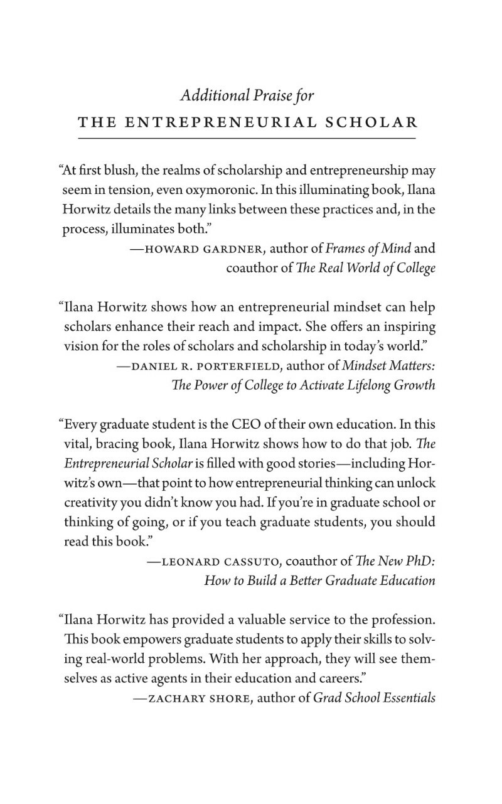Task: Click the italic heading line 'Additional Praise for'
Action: pyautogui.click(x=247, y=95)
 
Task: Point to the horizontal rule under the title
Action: pyautogui.click(x=247, y=137)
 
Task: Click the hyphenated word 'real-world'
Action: pyautogui.click(x=101, y=658)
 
